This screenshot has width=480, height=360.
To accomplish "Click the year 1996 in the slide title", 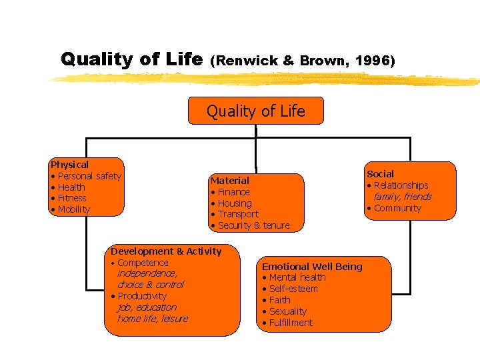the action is click(375, 61).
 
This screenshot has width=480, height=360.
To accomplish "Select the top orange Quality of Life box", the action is click(256, 111).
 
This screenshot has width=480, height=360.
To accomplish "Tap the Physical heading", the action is click(70, 164).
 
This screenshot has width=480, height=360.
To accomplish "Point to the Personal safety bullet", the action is click(89, 176).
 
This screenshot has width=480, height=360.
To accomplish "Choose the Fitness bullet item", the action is click(72, 198).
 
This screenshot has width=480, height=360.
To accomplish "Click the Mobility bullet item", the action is click(73, 209).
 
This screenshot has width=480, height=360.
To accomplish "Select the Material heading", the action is click(229, 181).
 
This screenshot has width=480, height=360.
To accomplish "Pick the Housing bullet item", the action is click(235, 203).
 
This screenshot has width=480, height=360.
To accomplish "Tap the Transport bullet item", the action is click(238, 214).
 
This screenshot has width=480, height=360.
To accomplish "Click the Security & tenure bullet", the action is click(253, 225).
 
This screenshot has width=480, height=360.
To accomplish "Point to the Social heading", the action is click(380, 174).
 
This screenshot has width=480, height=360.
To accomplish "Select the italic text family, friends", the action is click(402, 197).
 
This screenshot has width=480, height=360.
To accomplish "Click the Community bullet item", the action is click(397, 208).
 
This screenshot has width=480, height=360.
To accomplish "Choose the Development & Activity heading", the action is click(166, 251).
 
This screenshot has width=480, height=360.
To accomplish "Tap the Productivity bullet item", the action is click(142, 296).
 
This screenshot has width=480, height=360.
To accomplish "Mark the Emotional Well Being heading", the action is click(312, 267).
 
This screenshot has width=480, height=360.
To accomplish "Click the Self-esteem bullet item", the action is click(293, 289).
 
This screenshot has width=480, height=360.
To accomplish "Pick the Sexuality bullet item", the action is click(288, 311).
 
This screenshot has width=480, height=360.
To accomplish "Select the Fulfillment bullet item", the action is click(291, 323).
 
